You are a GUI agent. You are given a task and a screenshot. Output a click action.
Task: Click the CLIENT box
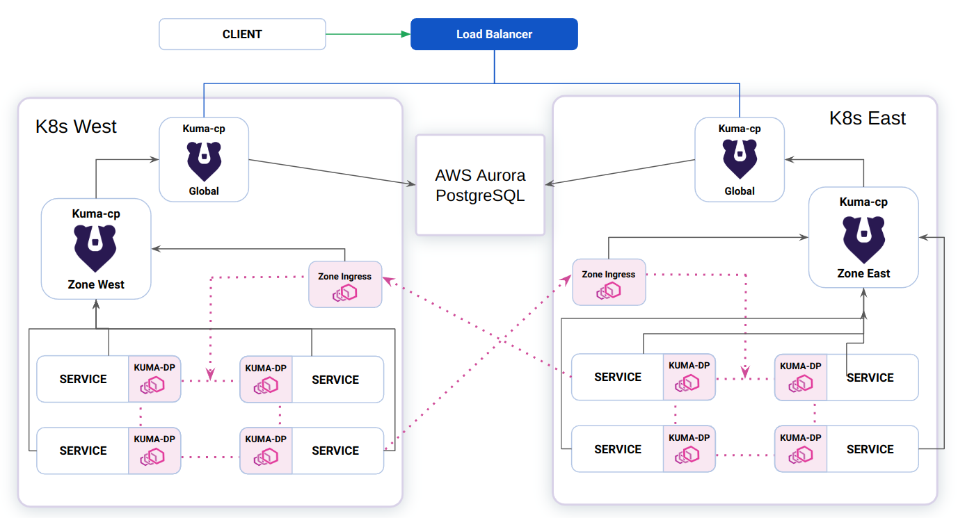point(242,34)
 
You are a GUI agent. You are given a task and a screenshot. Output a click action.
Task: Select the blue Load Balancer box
point(494,34)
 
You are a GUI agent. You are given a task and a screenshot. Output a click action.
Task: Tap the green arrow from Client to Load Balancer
point(367,34)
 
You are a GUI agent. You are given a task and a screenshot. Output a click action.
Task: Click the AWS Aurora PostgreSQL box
point(480,185)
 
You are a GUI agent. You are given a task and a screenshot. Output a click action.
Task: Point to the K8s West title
point(76,127)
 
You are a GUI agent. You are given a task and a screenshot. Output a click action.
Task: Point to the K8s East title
point(867,118)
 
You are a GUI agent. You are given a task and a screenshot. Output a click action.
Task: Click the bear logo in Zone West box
point(96,248)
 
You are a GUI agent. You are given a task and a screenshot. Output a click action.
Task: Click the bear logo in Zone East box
point(863,238)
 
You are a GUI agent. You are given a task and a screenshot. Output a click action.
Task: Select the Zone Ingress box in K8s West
point(345,284)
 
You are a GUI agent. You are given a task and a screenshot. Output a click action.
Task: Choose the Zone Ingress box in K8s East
point(609,282)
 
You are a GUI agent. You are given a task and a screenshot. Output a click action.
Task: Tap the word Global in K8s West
point(204,191)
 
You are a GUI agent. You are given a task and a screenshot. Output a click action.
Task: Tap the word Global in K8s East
point(740,191)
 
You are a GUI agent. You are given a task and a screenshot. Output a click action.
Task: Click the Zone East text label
point(863,273)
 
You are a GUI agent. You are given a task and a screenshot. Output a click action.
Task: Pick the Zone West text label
point(96,284)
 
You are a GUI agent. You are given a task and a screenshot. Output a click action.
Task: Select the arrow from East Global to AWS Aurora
point(619,172)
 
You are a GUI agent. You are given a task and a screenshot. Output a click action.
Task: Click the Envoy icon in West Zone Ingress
point(344,293)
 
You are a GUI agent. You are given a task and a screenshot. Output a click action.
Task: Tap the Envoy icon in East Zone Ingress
point(608,291)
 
